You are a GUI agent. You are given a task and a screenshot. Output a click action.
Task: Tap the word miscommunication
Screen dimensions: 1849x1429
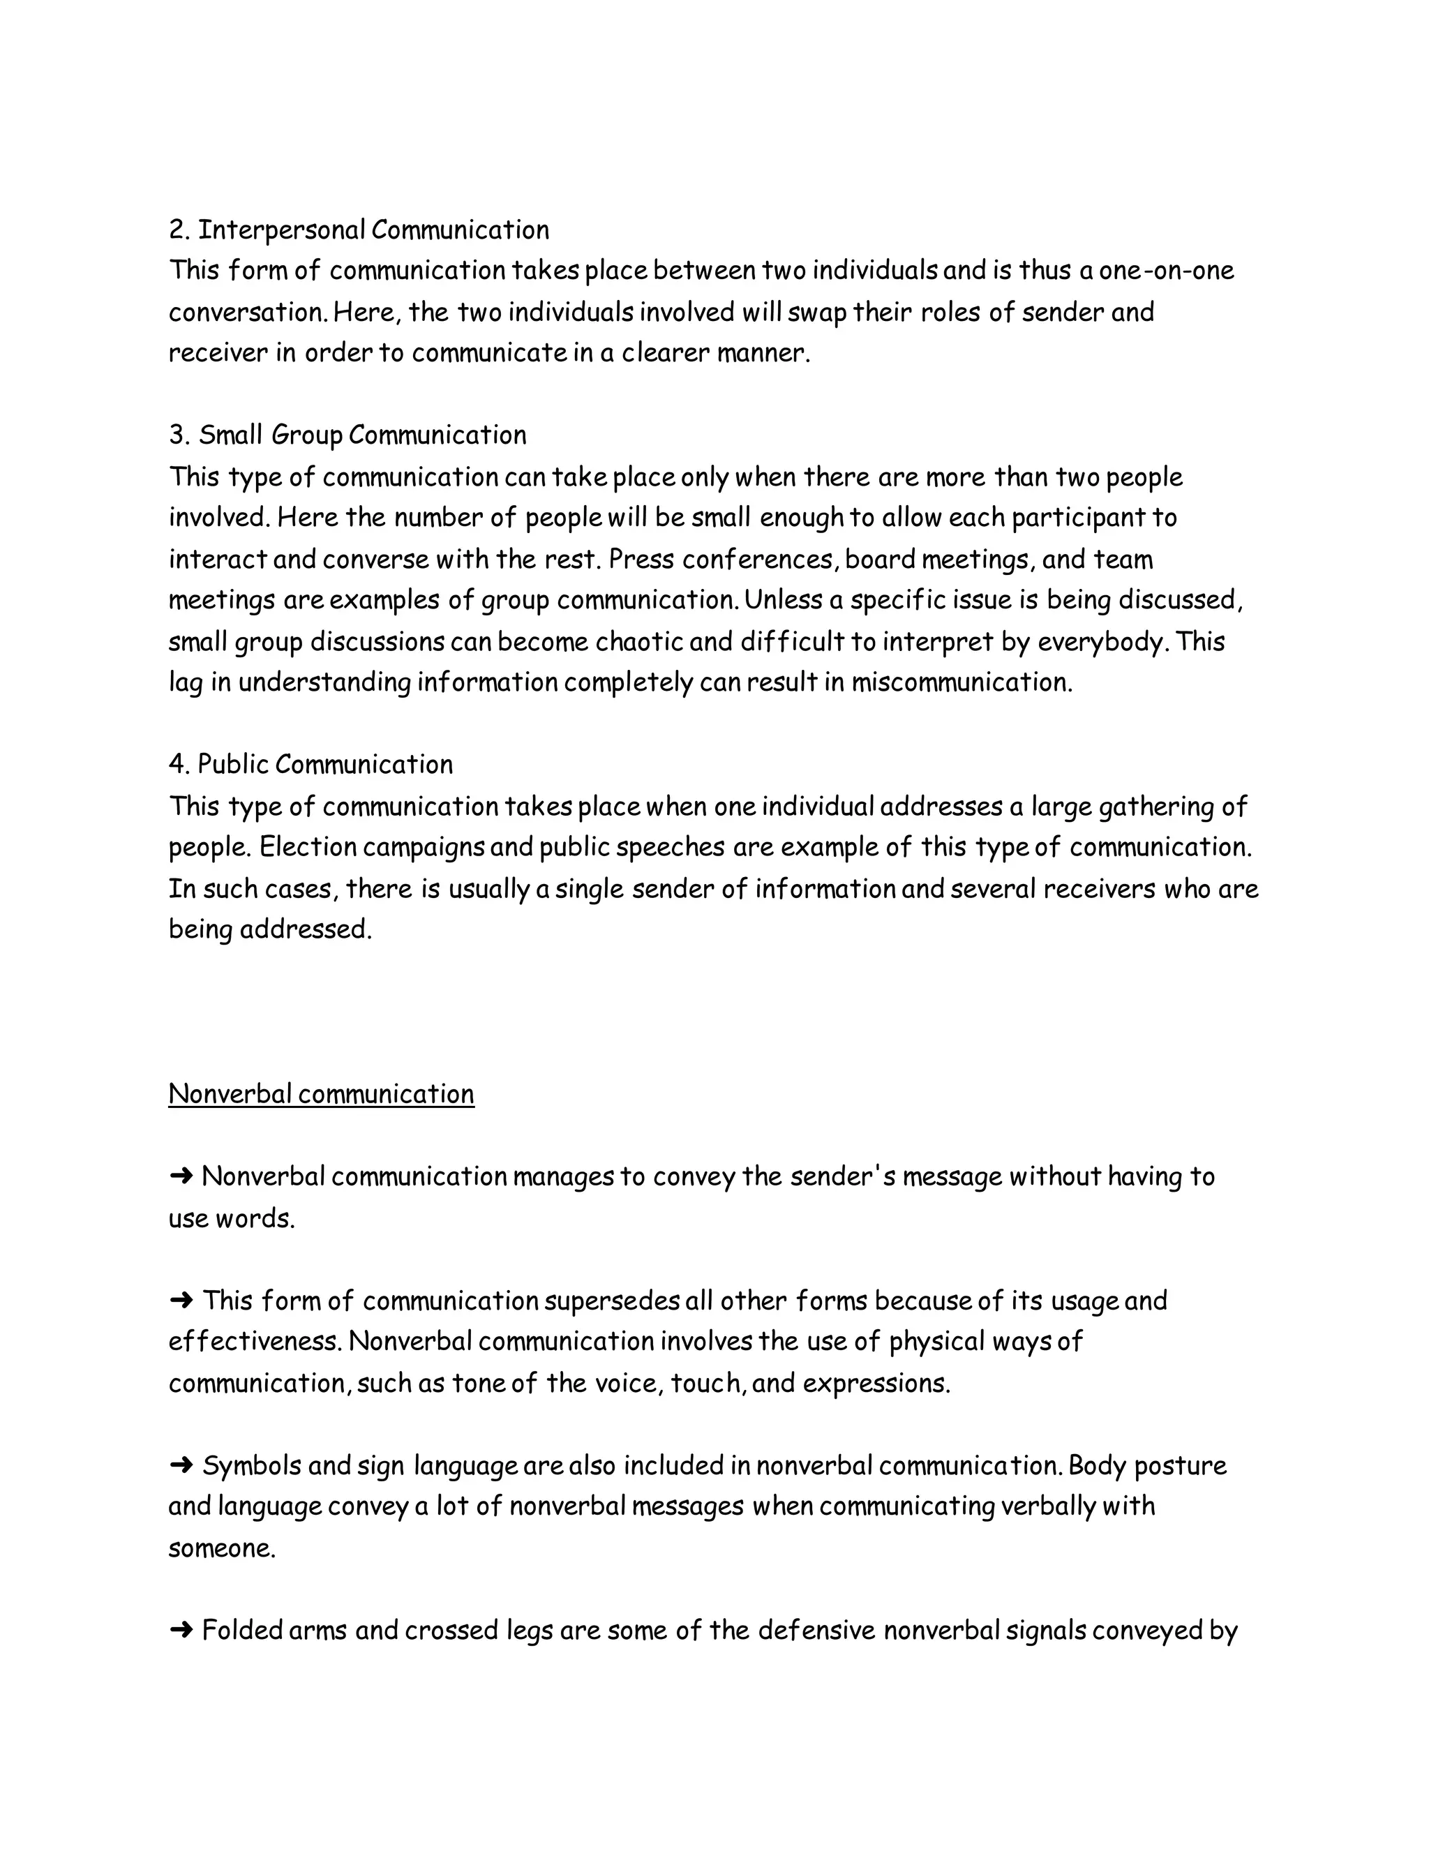961,682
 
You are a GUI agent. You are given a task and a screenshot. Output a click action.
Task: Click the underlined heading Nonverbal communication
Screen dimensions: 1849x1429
321,1094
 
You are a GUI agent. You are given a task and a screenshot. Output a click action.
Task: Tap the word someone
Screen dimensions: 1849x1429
222,1548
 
